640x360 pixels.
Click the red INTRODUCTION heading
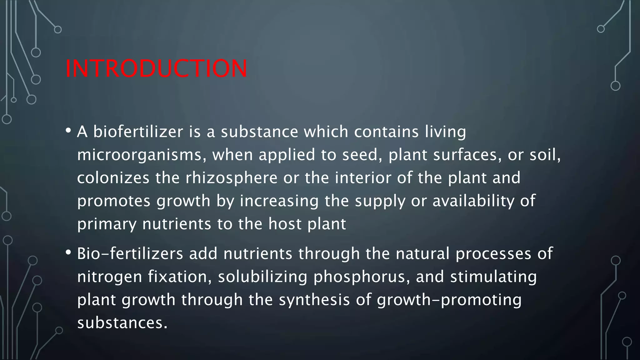(x=156, y=68)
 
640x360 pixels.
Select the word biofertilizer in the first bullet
(x=138, y=132)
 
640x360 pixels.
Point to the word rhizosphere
(x=232, y=178)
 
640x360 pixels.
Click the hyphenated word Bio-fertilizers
(x=130, y=253)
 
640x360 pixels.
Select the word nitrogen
(x=110, y=277)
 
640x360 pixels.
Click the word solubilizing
(x=262, y=277)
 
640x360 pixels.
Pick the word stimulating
(x=493, y=277)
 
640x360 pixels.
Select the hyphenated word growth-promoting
(x=449, y=300)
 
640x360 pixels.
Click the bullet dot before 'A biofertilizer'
(x=68, y=130)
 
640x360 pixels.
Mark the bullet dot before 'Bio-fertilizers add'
(x=68, y=252)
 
